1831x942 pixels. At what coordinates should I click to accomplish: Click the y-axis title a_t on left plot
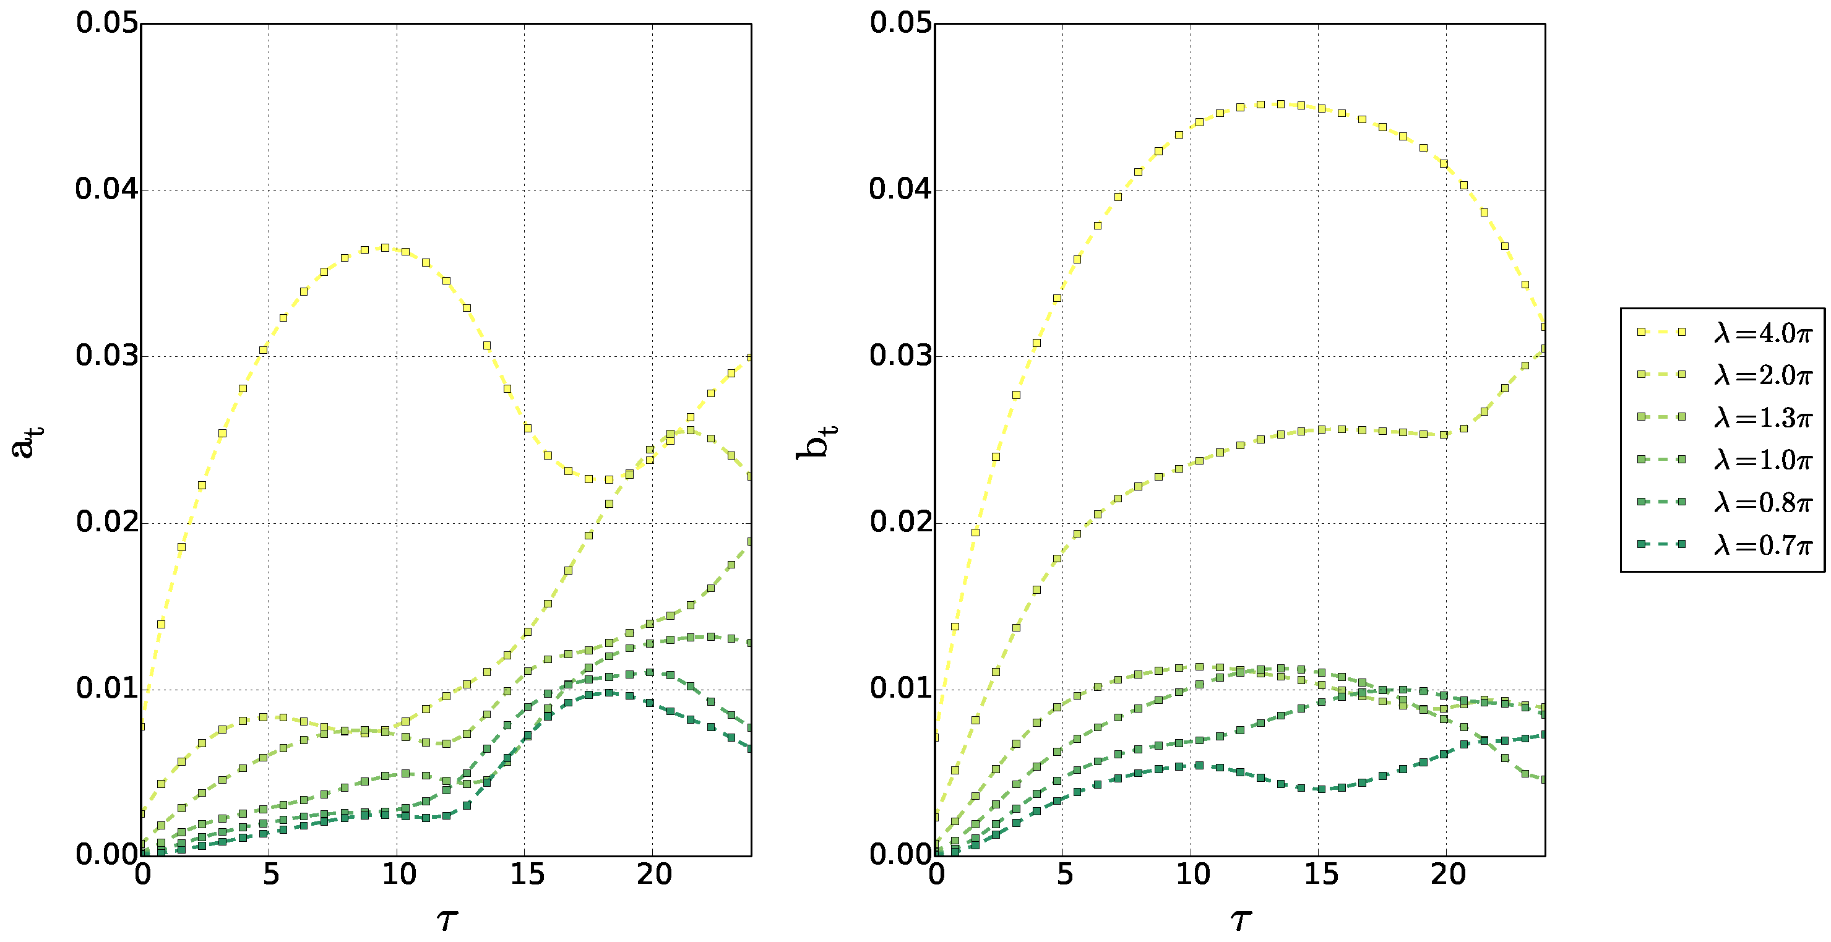(x=27, y=440)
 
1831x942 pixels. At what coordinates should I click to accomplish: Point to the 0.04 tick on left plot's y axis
(x=106, y=190)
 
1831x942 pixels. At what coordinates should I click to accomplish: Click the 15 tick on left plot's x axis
(x=526, y=875)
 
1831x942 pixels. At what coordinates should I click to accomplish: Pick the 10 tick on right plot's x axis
(x=1192, y=875)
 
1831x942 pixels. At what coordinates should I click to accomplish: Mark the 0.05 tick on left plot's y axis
(x=106, y=24)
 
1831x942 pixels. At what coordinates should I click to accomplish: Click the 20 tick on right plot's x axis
(x=1448, y=875)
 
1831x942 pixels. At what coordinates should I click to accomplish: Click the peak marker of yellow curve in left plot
(x=384, y=248)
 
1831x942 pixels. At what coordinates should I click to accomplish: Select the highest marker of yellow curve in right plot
(x=1280, y=105)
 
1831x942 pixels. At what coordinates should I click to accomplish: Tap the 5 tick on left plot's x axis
(x=270, y=875)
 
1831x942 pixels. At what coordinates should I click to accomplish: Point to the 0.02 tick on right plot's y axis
(x=900, y=523)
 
